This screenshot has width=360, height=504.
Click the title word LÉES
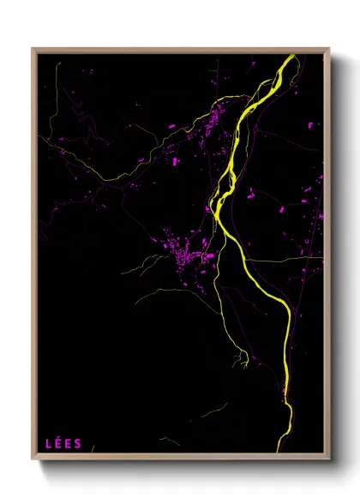pyautogui.click(x=63, y=444)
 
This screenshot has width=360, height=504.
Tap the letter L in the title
pyautogui.click(x=48, y=444)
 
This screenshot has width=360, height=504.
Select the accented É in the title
pyautogui.click(x=58, y=444)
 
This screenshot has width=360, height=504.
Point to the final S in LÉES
pyautogui.click(x=79, y=444)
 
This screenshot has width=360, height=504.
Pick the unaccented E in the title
pyautogui.click(x=69, y=444)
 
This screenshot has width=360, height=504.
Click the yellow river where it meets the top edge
pyautogui.click(x=291, y=56)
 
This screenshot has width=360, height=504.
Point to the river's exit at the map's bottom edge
pyautogui.click(x=279, y=451)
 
